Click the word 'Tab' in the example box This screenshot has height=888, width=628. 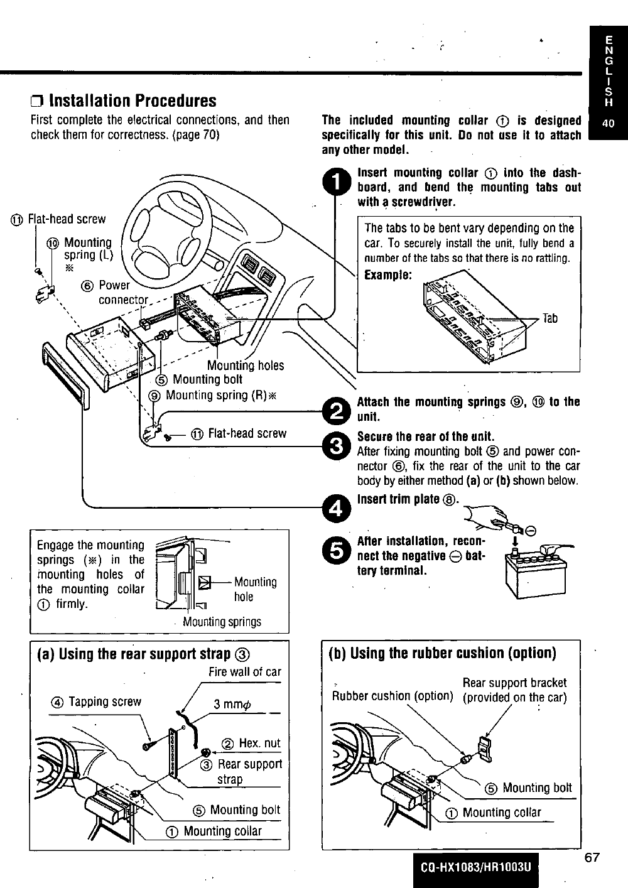pos(549,318)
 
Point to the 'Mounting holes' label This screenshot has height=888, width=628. pos(246,365)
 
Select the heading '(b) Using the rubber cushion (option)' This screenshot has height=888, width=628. pos(442,654)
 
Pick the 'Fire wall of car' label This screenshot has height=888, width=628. pos(245,672)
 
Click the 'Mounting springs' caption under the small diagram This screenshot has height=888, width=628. pos(222,622)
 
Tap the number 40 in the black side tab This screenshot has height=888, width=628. pos(609,124)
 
